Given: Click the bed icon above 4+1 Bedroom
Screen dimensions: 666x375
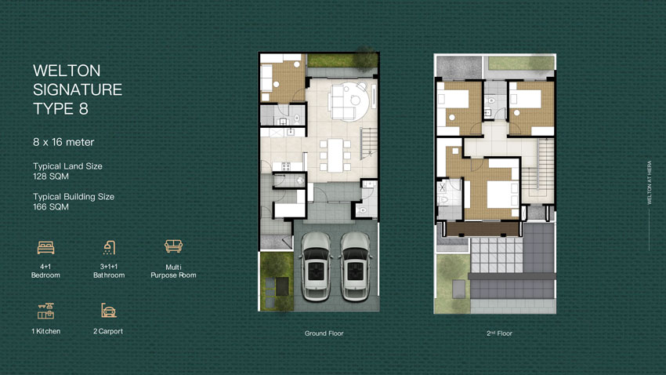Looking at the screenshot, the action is (45, 247).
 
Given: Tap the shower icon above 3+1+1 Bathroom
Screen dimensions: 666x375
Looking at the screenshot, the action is (109, 247).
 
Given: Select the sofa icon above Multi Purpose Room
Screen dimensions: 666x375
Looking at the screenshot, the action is (173, 246).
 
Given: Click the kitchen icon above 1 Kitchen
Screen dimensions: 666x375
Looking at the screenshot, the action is (45, 311).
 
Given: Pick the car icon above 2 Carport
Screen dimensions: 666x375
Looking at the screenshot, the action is (109, 311).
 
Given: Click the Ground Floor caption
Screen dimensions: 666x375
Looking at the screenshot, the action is (324, 333).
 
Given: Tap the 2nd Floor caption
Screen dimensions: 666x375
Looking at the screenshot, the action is (499, 333).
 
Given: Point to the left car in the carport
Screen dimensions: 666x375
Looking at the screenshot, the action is (316, 267).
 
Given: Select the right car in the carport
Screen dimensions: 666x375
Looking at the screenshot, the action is (356, 267).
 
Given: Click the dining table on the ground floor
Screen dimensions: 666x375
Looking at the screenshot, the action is (335, 155).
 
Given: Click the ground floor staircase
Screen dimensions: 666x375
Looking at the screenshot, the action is (369, 144).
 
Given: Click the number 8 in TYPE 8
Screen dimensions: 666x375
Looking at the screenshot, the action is (83, 109).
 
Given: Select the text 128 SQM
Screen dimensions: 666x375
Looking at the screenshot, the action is (51, 177).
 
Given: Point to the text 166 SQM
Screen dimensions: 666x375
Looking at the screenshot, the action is (51, 207).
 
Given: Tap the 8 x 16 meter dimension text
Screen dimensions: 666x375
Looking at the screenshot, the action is (63, 142).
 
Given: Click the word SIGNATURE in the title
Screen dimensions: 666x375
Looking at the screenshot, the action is (78, 89).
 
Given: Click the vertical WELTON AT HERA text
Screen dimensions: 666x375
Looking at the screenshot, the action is (649, 182).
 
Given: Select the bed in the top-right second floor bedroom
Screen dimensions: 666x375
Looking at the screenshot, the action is (526, 99).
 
